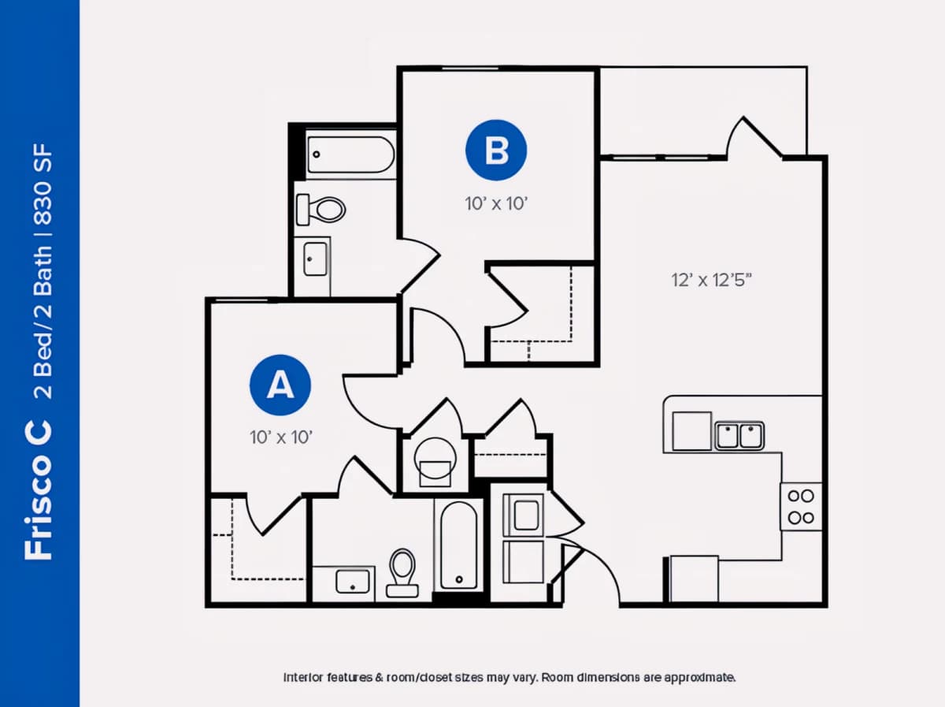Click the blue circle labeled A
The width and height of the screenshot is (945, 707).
280,385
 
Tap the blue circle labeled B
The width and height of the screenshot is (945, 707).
496,150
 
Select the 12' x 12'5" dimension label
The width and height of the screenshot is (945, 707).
711,280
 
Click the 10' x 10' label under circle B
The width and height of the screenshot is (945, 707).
496,203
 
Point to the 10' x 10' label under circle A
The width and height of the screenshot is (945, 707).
280,437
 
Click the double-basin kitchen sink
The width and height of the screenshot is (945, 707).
739,436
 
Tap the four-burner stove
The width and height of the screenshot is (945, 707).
801,507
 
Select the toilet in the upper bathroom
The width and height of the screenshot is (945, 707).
321,210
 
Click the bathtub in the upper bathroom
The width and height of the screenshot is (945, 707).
351,154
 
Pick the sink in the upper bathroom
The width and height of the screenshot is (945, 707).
315,259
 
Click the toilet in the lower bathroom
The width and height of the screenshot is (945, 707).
402,572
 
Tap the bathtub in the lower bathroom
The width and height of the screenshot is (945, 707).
459,545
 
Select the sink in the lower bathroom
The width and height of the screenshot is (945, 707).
353,582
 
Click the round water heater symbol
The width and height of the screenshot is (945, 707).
435,459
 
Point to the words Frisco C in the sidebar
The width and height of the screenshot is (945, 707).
39,489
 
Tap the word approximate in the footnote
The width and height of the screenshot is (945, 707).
699,678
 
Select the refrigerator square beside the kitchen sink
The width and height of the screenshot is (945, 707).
692,431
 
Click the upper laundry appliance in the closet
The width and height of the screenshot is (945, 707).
523,515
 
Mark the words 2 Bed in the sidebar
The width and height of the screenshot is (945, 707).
43,367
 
